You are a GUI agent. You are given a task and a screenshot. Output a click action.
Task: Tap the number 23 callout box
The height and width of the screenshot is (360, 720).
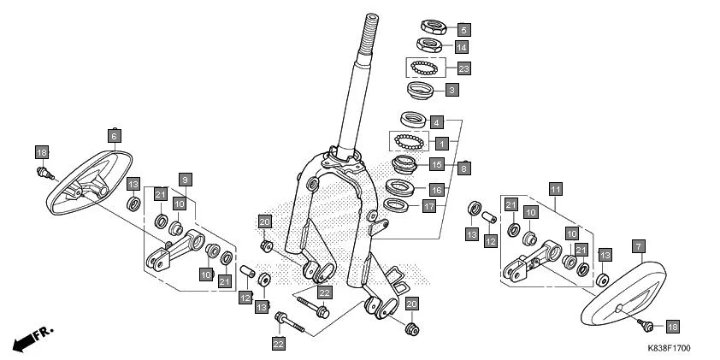464,68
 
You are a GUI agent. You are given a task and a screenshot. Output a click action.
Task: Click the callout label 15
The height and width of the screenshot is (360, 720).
436,163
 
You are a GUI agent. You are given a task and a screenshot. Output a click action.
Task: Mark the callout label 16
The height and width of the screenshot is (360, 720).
436,189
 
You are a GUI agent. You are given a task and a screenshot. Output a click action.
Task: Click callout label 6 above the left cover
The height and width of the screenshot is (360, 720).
113,134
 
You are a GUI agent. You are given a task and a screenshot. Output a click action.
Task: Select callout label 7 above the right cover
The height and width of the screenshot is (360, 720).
637,245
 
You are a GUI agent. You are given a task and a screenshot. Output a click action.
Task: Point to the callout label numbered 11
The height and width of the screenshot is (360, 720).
555,188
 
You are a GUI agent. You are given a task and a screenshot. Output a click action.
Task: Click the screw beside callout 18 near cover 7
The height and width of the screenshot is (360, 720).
647,324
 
